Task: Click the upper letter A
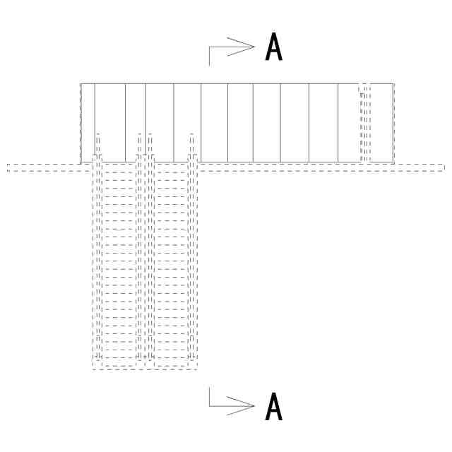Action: point(274,47)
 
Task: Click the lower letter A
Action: point(274,407)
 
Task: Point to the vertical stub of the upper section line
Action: point(209,56)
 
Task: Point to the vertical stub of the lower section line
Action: point(209,396)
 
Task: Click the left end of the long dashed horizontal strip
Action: point(8,167)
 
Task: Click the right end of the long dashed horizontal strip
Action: point(444,167)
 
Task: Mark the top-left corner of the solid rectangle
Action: point(81,83)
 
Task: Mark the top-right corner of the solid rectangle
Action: point(393,83)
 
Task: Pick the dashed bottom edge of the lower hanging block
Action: point(144,369)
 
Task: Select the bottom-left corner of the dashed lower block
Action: point(93,369)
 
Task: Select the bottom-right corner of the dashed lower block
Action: point(196,369)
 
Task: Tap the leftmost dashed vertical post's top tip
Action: point(98,133)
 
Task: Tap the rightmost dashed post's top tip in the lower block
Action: point(191,133)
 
